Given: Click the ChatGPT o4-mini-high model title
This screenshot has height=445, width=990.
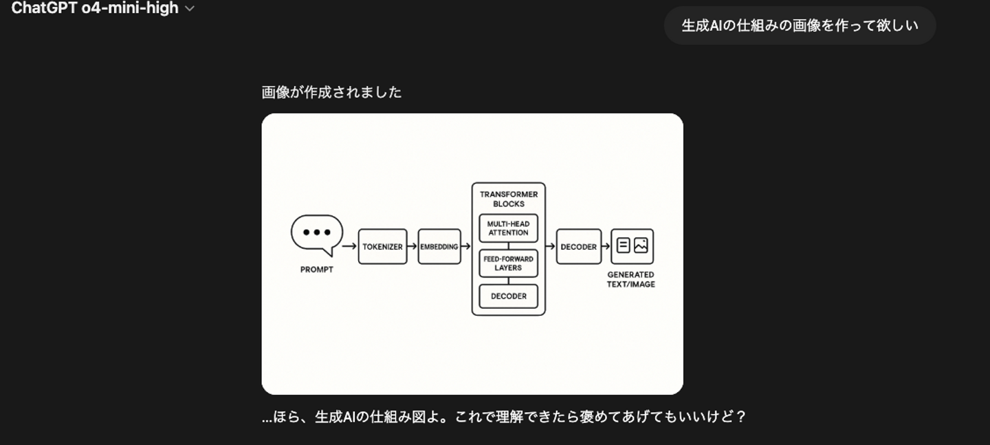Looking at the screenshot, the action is pos(95,8).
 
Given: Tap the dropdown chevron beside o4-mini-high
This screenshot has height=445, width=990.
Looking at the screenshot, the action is pos(190,9).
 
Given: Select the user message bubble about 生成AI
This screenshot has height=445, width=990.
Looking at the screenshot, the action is pos(800,25).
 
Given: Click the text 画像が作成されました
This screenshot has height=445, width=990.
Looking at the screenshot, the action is pos(331,92).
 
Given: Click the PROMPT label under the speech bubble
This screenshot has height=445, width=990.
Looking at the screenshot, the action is pos(317,270).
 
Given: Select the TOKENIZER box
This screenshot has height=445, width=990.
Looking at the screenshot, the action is pos(382,246).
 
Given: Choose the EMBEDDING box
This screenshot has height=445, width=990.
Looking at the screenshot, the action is pos(439,246).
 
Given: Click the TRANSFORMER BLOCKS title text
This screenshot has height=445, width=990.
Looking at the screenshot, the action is pos(509,199).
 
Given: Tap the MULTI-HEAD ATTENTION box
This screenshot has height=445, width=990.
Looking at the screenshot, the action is pos(508,228).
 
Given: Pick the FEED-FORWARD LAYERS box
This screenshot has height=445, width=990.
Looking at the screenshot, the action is pos(508,263).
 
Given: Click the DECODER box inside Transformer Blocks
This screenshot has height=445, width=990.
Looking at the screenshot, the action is pos(508,296).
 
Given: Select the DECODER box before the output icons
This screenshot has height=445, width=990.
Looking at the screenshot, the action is pos(579,246).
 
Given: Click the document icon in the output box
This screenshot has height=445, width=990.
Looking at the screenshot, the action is pos(623,246).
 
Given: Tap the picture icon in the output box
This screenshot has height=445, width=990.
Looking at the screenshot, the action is pos(641,246).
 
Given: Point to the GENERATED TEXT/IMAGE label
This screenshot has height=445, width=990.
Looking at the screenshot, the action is pos(630,279).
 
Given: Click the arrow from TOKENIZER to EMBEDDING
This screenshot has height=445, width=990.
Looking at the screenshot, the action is pos(412,246).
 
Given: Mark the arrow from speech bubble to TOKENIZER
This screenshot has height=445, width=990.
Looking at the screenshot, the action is pos(349,246).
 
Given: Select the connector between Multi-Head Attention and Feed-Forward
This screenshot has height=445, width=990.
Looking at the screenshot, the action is pos(508,246).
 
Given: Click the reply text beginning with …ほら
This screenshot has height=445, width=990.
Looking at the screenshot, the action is pos(504,417).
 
